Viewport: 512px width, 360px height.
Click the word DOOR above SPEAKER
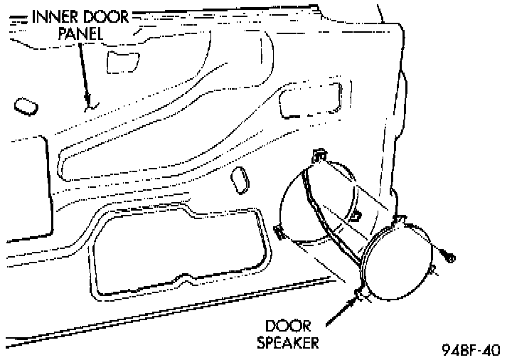[287, 327]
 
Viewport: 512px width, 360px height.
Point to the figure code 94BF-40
[470, 349]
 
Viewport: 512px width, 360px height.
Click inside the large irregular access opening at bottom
[178, 249]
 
